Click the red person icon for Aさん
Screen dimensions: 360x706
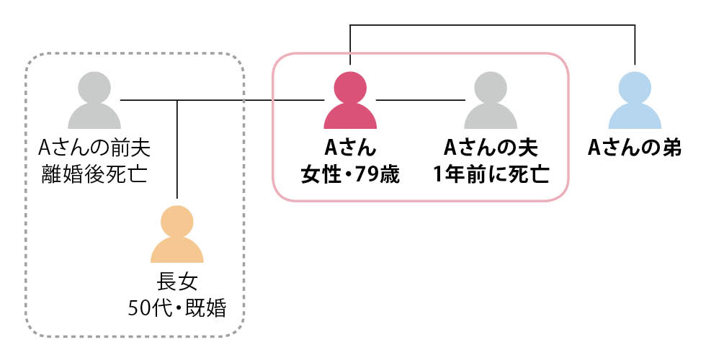(x=350, y=102)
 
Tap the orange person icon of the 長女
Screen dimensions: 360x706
(x=176, y=235)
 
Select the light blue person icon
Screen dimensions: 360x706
(x=635, y=102)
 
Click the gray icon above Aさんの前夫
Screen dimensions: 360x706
(x=94, y=102)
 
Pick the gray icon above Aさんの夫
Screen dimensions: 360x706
(x=491, y=102)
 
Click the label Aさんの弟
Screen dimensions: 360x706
(x=635, y=148)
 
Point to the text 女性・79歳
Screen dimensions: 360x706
(x=350, y=174)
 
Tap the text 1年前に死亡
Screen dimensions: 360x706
(x=491, y=174)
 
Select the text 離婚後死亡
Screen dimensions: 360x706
(x=94, y=174)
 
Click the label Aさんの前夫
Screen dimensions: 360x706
(x=94, y=148)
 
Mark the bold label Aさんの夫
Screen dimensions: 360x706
(x=491, y=148)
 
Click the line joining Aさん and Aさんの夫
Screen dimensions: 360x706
(x=420, y=99)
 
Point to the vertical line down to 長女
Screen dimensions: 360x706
(x=177, y=151)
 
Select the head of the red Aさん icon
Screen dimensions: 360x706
(x=350, y=87)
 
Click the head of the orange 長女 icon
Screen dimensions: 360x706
(x=176, y=220)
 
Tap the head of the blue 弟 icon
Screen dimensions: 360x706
(x=635, y=87)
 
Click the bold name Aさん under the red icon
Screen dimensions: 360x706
(x=350, y=148)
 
